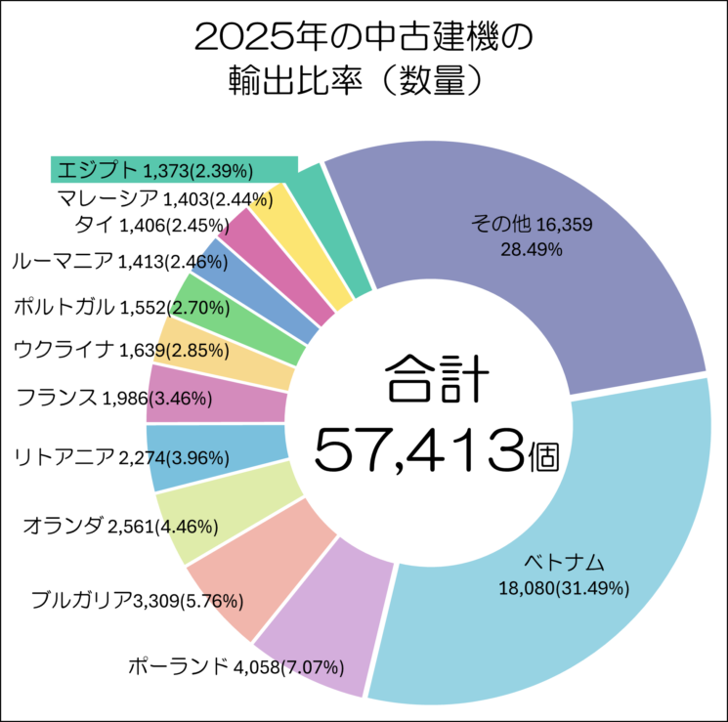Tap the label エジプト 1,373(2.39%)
tap(155, 170)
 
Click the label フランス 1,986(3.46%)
tap(123, 397)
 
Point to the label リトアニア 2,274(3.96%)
tap(121, 456)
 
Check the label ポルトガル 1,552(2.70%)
tap(121, 307)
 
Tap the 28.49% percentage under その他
tap(531, 249)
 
